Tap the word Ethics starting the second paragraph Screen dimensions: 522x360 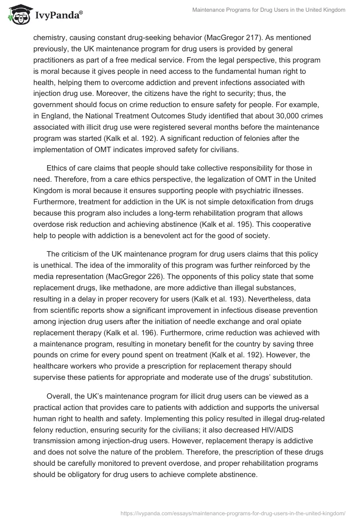coord(57,168)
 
